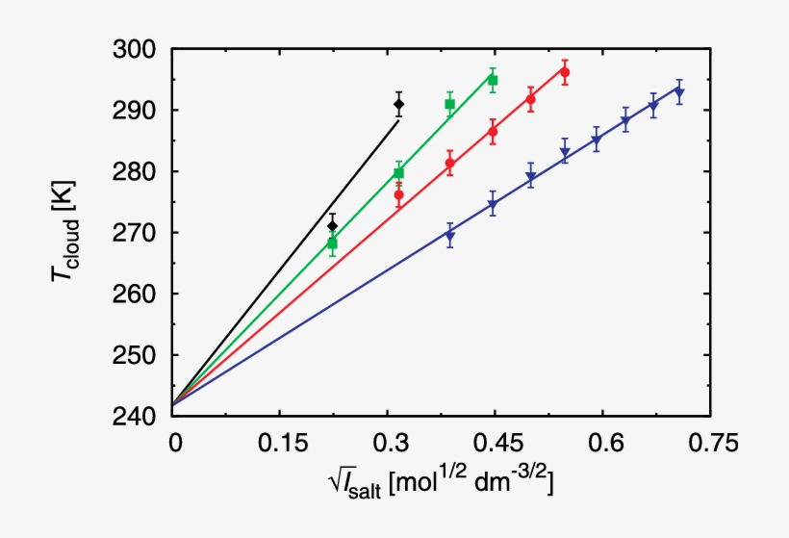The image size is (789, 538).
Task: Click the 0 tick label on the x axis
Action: [x=174, y=443]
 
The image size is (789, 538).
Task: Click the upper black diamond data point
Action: [x=399, y=104]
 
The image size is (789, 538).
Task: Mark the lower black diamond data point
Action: [x=333, y=225]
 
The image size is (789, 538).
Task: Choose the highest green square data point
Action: [x=493, y=80]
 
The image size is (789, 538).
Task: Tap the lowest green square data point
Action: [x=333, y=243]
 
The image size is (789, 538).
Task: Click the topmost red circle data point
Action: [x=565, y=72]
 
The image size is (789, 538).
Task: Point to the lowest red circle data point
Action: [x=399, y=195]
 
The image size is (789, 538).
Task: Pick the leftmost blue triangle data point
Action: [x=450, y=236]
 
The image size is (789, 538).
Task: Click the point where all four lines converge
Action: [x=174, y=404]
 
